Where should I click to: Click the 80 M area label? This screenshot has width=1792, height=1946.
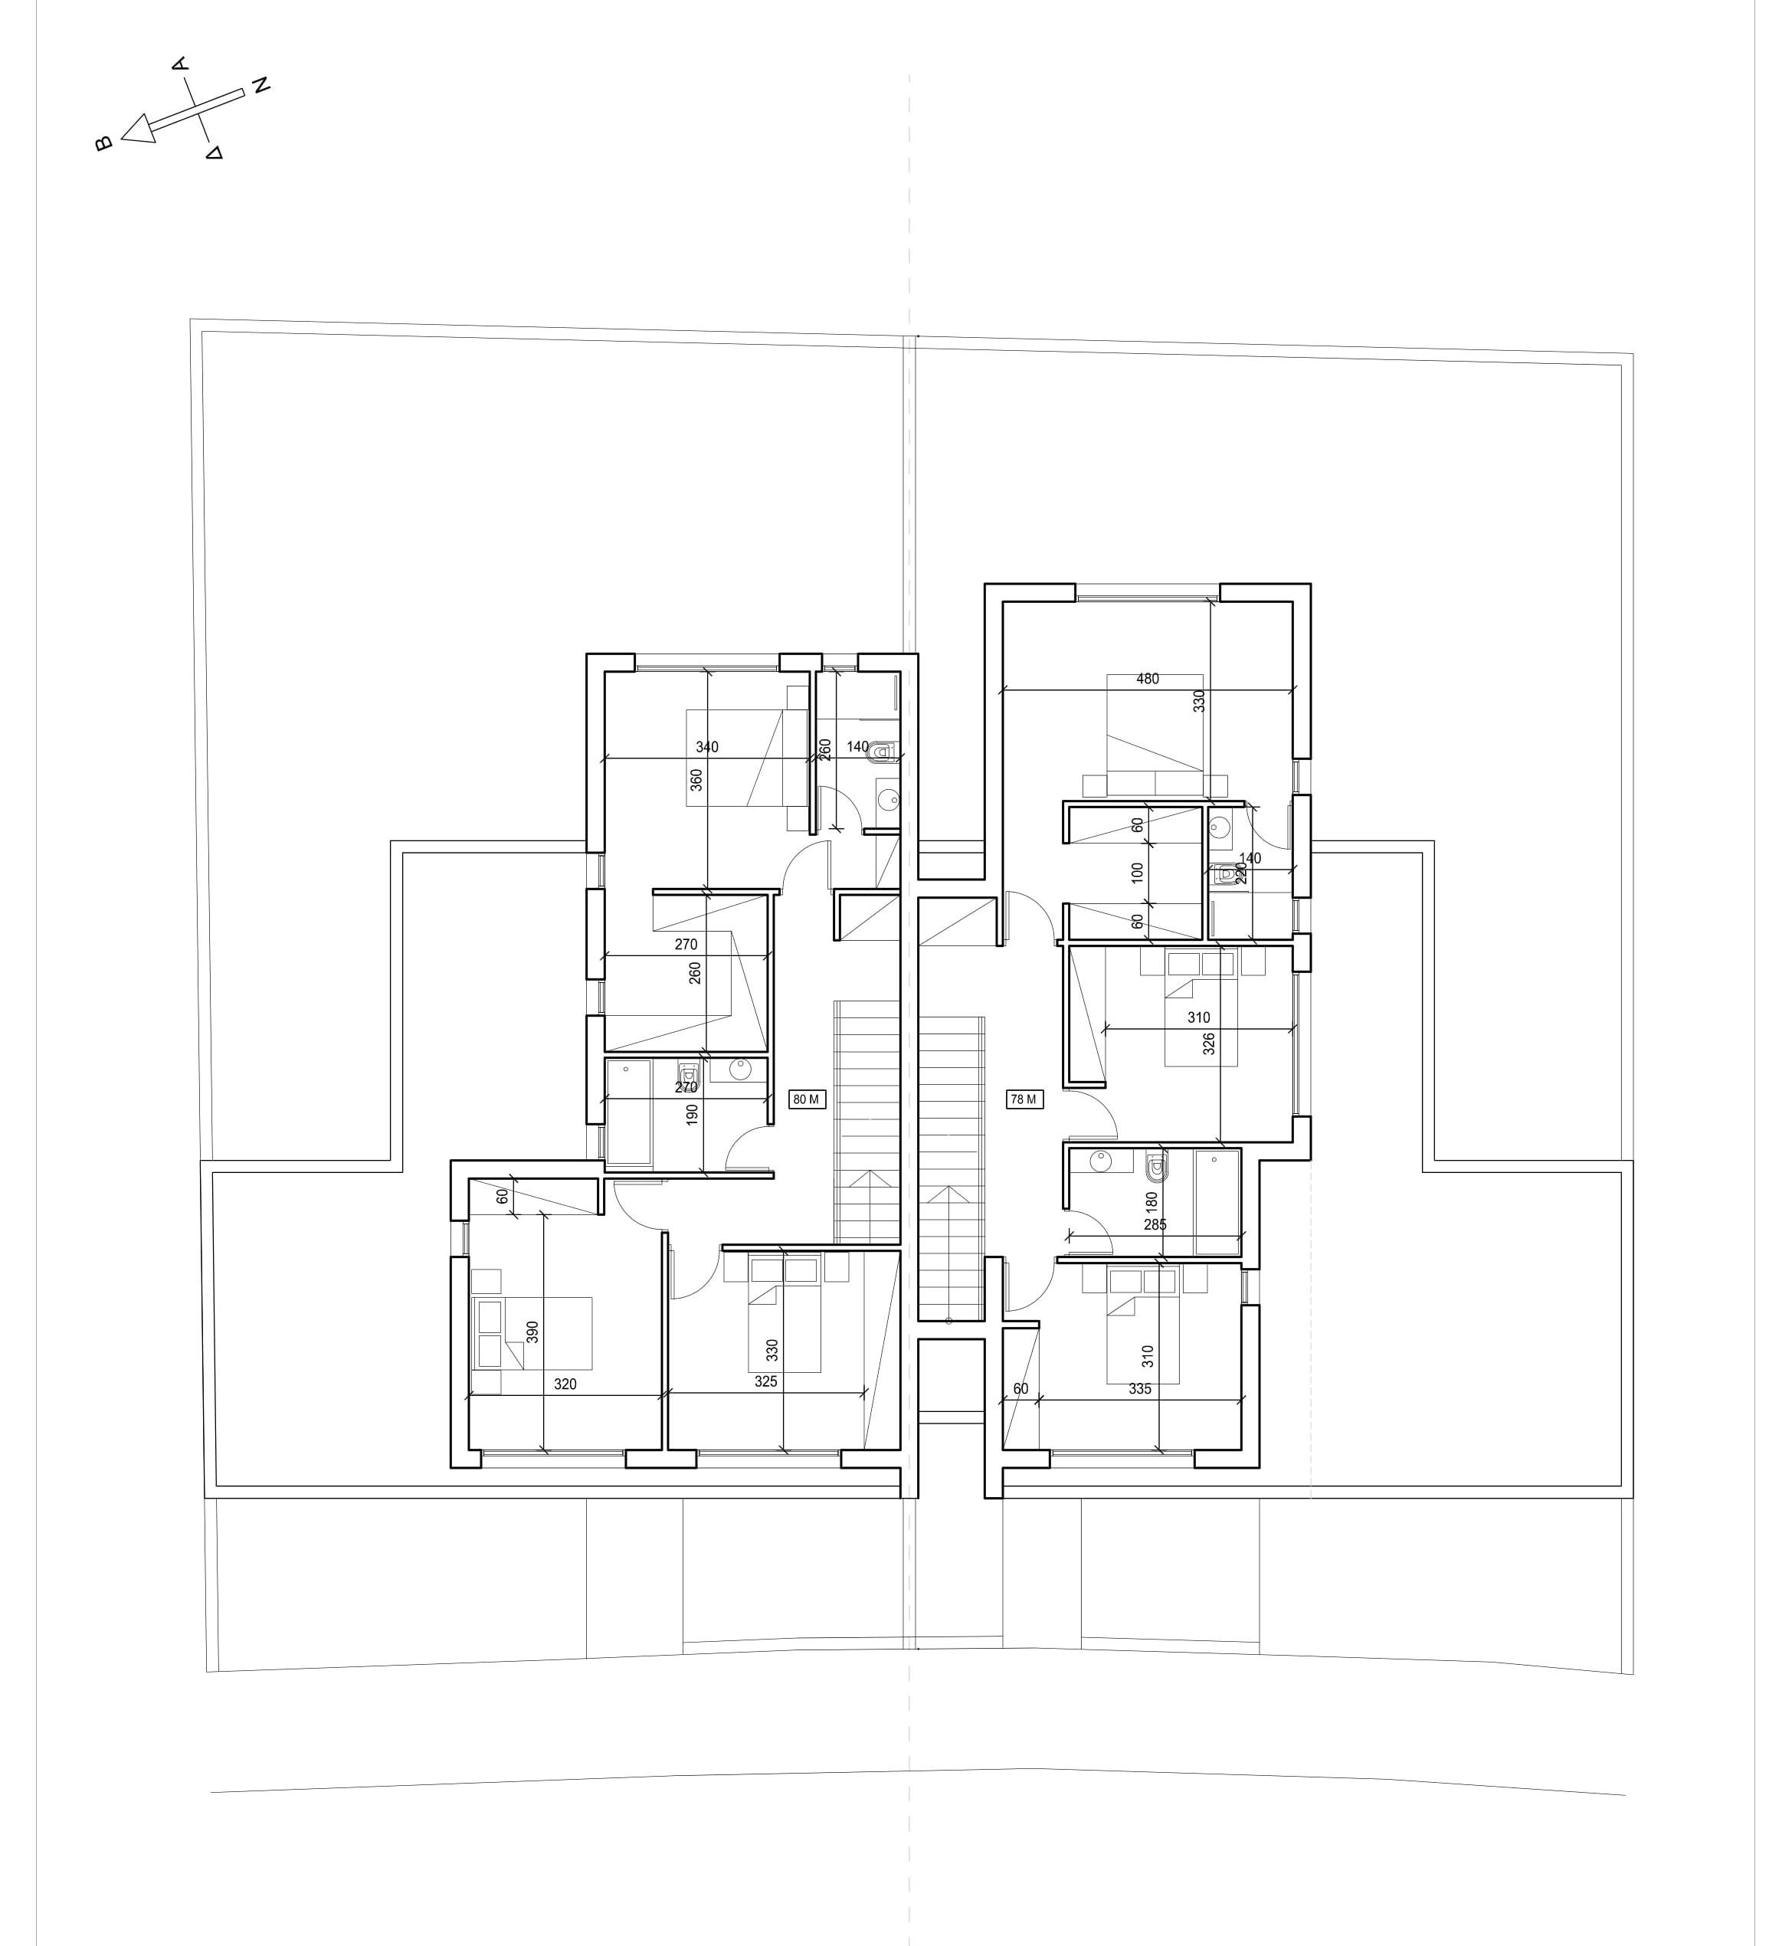pyautogui.click(x=807, y=1099)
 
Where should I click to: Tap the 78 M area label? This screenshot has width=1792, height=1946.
pyautogui.click(x=1024, y=1099)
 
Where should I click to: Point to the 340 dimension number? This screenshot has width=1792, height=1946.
pyautogui.click(x=707, y=746)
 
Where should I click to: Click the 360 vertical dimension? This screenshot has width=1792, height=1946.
pyautogui.click(x=696, y=781)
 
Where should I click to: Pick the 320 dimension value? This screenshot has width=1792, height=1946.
pyautogui.click(x=565, y=1384)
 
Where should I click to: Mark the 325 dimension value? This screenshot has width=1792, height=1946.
pyautogui.click(x=766, y=1381)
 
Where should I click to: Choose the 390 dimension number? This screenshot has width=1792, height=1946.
pyautogui.click(x=532, y=1332)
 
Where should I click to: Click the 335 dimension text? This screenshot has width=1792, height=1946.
pyautogui.click(x=1140, y=1388)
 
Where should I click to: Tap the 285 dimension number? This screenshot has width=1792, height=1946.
pyautogui.click(x=1155, y=1224)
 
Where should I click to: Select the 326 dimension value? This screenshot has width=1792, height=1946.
pyautogui.click(x=1208, y=1044)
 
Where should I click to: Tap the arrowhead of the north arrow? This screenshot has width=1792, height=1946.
pyautogui.click(x=138, y=129)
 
